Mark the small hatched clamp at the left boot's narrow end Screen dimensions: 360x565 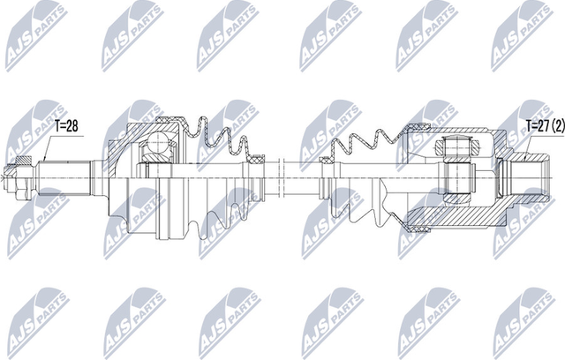(257, 159)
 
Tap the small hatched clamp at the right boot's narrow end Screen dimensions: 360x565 (326, 161)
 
